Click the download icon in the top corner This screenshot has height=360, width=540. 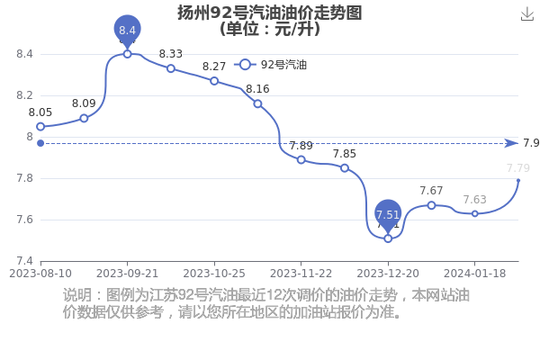click(526, 14)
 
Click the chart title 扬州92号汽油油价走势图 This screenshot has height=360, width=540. click(270, 13)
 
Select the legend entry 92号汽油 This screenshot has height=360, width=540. click(270, 65)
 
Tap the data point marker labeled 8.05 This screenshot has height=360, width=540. click(40, 127)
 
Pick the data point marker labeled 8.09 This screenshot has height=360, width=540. click(84, 119)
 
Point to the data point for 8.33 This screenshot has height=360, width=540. click(171, 68)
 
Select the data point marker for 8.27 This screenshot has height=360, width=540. click(214, 81)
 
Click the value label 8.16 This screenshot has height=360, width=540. click(257, 89)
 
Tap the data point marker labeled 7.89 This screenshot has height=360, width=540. click(301, 160)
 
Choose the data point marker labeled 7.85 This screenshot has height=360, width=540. click(345, 168)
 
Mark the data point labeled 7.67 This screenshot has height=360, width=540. click(431, 205)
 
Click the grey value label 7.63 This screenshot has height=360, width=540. click(475, 200)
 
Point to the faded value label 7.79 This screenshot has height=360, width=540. click(518, 168)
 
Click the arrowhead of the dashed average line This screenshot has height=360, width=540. click(511, 143)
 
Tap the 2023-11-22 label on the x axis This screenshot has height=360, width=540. click(301, 274)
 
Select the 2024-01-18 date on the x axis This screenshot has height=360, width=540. click(474, 274)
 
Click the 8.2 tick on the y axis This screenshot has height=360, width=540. click(25, 95)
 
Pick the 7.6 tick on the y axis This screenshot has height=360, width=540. click(25, 220)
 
